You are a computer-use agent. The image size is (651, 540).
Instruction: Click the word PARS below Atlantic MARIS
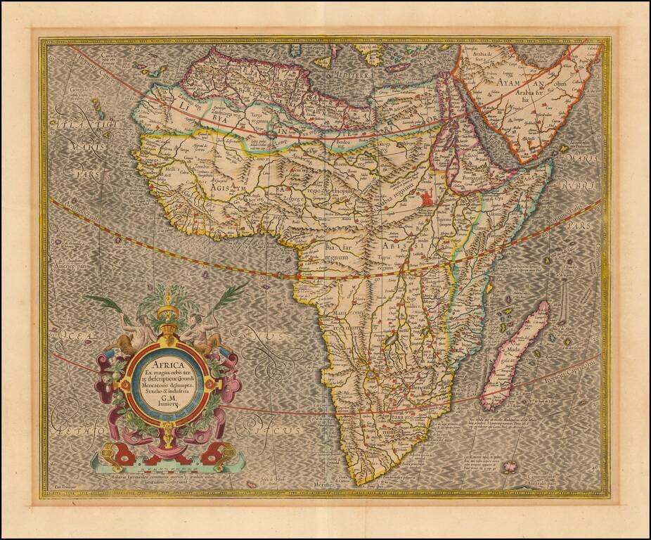(89, 169)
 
